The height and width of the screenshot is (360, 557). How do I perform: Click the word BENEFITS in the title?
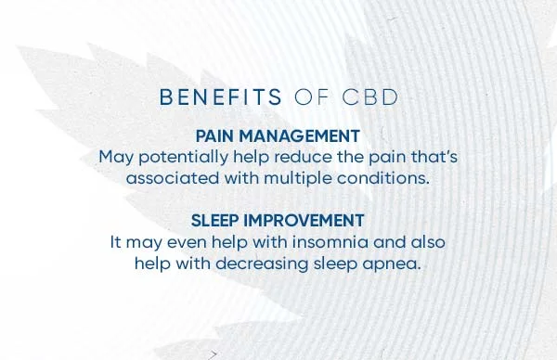pos(221,96)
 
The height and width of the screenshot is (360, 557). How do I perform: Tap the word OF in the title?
pos(308,96)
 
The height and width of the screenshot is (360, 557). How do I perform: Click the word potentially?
pos(176,158)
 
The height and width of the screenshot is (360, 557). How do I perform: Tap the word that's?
pos(431,157)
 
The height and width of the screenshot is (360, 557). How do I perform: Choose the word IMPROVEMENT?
pos(305,221)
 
